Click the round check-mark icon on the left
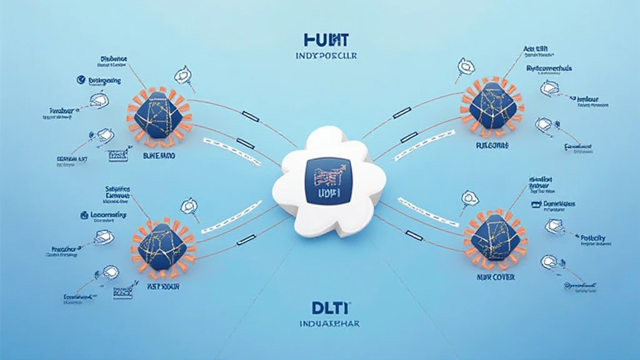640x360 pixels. tap(79, 79)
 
